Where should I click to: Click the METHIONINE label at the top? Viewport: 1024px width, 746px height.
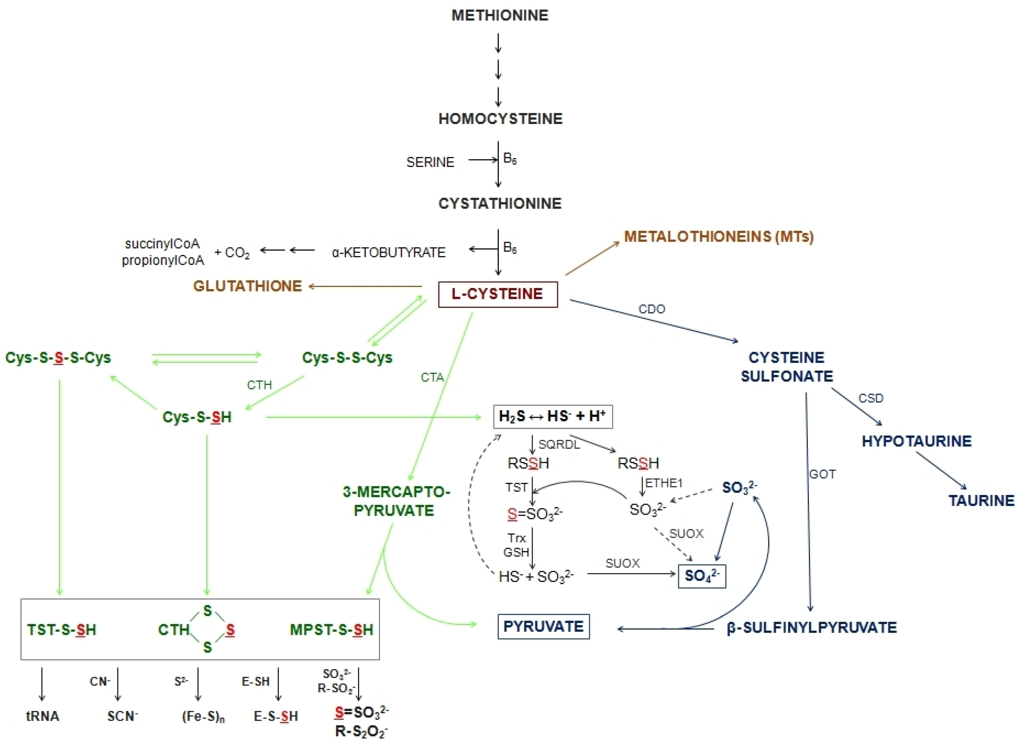click(x=500, y=15)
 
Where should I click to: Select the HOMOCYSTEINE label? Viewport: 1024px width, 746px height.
click(x=500, y=119)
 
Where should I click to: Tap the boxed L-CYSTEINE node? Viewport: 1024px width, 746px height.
click(x=497, y=294)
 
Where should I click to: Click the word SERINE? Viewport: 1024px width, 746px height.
click(x=430, y=162)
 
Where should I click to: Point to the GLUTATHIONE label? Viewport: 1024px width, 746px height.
click(x=247, y=286)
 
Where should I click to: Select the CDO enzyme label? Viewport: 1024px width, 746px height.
click(x=651, y=309)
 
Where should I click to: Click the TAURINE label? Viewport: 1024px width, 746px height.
click(x=981, y=501)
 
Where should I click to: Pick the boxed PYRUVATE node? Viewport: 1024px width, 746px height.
click(x=544, y=626)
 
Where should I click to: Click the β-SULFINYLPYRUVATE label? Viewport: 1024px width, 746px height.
click(x=811, y=628)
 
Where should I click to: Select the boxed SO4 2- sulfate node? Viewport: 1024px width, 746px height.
click(x=702, y=576)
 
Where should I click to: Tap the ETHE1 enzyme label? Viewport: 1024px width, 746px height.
click(x=663, y=483)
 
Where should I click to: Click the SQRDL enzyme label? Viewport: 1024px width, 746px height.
click(x=559, y=445)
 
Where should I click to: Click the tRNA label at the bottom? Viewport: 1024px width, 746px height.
click(x=43, y=716)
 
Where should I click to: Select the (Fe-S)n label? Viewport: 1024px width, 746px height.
click(x=203, y=717)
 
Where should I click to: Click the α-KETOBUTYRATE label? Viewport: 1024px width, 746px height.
click(x=388, y=252)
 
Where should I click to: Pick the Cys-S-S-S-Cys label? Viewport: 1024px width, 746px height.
click(x=58, y=358)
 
